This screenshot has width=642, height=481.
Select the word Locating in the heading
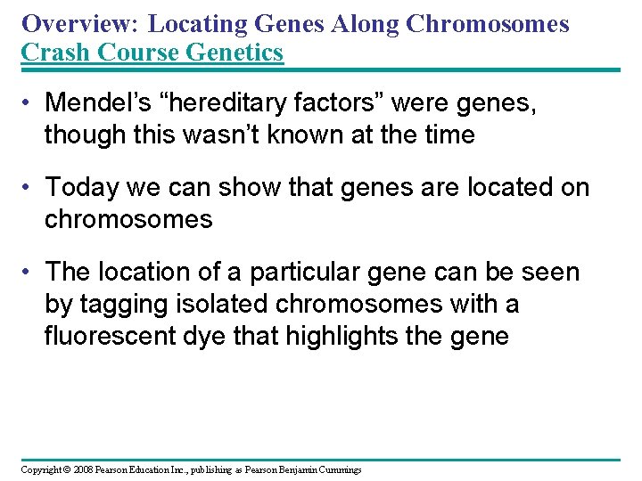197,25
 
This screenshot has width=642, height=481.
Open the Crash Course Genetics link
152,52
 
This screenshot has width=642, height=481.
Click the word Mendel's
98,102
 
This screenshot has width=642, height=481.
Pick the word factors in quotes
339,102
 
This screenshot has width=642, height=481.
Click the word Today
82,188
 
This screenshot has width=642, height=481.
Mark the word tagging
124,306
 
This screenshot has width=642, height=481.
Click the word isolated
221,304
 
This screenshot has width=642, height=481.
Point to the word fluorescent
111,336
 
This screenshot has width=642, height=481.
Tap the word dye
204,337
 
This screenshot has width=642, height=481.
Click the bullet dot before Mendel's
26,102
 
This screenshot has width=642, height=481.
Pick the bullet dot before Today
26,187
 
